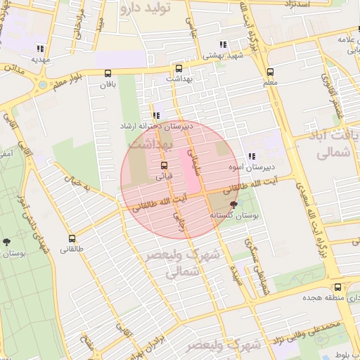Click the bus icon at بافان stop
tap(108, 73)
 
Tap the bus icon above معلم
tap(270, 72)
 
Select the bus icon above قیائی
tap(165, 165)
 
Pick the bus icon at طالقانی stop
tap(72, 238)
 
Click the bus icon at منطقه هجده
tap(338, 287)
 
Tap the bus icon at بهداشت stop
tap(179, 69)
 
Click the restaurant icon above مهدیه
tap(39, 49)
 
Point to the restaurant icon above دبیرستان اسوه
tap(251, 157)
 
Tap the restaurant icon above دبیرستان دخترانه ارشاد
tap(156, 115)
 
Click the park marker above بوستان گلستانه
tap(234, 204)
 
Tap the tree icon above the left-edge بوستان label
tap(7, 241)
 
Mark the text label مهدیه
tap(39, 60)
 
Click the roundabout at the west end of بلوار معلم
tap(43, 84)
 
